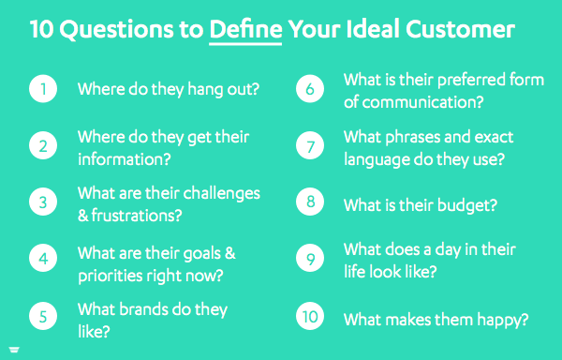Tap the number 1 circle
tap(43, 90)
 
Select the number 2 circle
tap(43, 146)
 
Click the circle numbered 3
tap(43, 202)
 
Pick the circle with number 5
tap(43, 318)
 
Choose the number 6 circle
tap(310, 90)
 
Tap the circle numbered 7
tap(310, 146)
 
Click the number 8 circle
tap(310, 204)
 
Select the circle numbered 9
tap(310, 260)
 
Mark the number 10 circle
tap(310, 318)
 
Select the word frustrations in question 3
tap(140, 215)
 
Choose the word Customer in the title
tap(466, 30)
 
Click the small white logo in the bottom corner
tap(13, 351)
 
